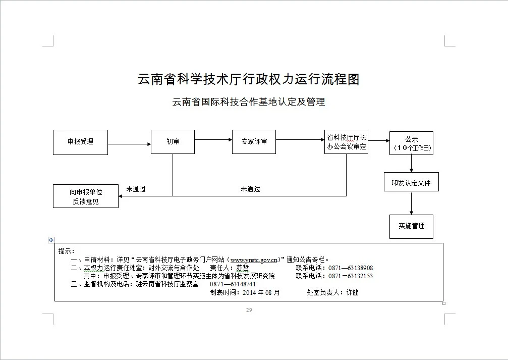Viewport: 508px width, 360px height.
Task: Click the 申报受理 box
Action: [x=81, y=142]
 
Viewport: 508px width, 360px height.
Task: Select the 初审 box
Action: [x=173, y=142]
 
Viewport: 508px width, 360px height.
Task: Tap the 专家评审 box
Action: [x=254, y=142]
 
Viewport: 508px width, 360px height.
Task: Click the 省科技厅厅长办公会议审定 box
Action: [x=346, y=142]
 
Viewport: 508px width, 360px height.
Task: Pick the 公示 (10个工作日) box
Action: [x=411, y=143]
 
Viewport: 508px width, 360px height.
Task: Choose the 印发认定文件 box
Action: [x=411, y=182]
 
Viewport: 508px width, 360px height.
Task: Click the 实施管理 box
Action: [x=411, y=226]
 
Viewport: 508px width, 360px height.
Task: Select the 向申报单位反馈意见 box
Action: [x=86, y=196]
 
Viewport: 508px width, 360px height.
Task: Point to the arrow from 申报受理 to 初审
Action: [x=130, y=144]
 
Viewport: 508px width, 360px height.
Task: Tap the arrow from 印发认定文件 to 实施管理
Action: [x=412, y=203]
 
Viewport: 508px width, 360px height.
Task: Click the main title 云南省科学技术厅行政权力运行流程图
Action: [x=249, y=79]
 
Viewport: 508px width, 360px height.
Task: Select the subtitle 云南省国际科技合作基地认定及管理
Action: [x=249, y=102]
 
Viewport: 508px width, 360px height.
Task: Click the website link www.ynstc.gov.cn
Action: [x=254, y=260]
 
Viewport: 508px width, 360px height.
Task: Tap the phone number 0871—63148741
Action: [x=233, y=284]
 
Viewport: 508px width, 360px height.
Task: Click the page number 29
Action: [x=249, y=310]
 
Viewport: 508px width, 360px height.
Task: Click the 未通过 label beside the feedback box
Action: [x=136, y=189]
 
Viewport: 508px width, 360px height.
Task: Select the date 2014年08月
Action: [x=261, y=292]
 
